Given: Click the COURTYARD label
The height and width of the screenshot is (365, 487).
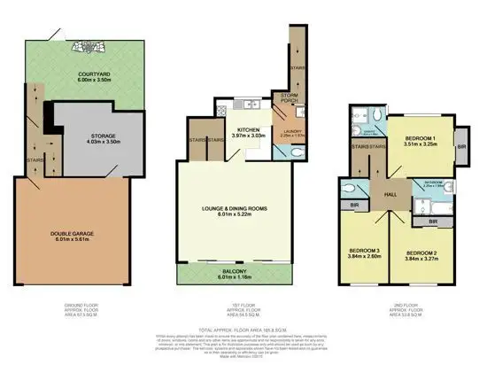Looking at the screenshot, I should tap(84, 80).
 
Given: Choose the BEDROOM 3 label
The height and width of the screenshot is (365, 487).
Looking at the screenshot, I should tap(363, 252).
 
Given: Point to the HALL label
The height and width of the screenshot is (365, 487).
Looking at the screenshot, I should tap(389, 196).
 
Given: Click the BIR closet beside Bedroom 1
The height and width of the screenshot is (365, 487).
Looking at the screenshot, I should tap(460, 146).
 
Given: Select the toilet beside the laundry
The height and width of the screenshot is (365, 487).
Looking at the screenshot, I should tap(282, 151).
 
